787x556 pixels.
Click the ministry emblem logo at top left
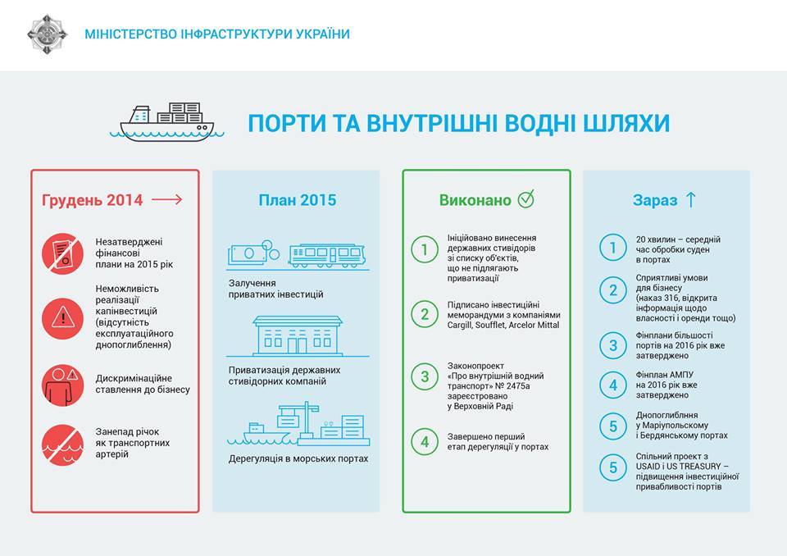[x=48, y=34]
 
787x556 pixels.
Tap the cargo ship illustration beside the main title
[x=166, y=122]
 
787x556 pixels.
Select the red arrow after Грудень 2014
[x=167, y=200]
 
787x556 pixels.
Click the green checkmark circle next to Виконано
[x=526, y=199]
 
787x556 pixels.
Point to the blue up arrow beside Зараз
[x=691, y=199]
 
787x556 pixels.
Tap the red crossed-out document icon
[x=63, y=253]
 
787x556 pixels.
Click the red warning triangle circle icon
[x=63, y=318]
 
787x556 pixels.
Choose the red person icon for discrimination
[x=63, y=385]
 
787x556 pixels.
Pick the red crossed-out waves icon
[x=63, y=445]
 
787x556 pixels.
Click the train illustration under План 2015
[x=327, y=255]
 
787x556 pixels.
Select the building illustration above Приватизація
[x=298, y=335]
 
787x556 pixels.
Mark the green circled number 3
[x=425, y=376]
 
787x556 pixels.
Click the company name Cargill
[x=460, y=325]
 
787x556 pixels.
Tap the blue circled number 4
[x=613, y=385]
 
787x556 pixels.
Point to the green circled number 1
[x=425, y=249]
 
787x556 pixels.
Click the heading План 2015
[x=297, y=200]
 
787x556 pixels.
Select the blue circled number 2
[x=613, y=289]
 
